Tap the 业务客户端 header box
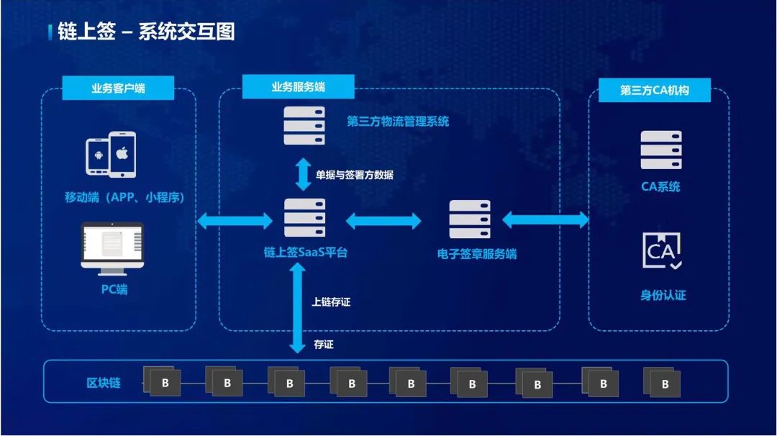pos(118,88)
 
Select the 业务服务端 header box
pos(298,87)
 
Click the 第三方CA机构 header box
pos(655,91)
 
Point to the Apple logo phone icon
pos(122,154)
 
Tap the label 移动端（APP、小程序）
pos(124,197)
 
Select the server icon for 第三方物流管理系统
pos(304,125)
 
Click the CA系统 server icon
pos(660,150)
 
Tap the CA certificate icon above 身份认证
pos(660,251)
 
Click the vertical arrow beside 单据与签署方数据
pos(304,175)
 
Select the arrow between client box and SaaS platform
pos(235,221)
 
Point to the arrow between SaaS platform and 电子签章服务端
pos(383,221)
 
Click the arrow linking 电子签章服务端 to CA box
pos(545,219)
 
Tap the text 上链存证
pos(331,302)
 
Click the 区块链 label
pos(104,383)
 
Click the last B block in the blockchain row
pos(663,383)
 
